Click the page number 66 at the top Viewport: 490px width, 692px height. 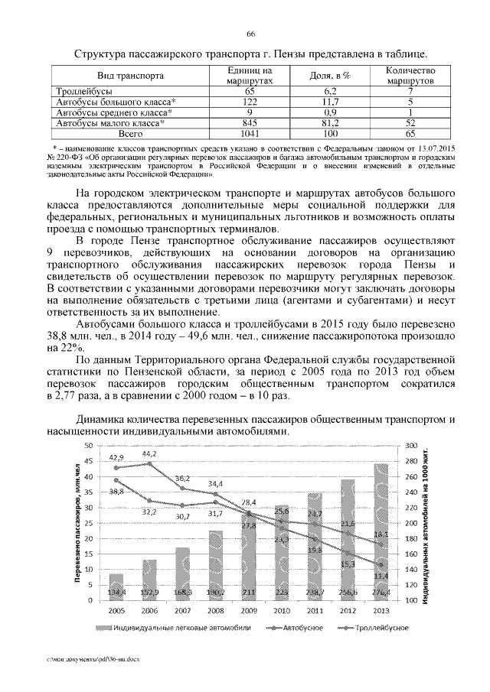point(250,34)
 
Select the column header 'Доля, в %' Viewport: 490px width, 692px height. point(330,76)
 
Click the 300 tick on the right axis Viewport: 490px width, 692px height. point(410,445)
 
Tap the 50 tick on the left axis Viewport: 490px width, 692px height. point(88,445)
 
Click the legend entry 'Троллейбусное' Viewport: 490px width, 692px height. point(381,628)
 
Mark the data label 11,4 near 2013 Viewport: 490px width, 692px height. point(380,575)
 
